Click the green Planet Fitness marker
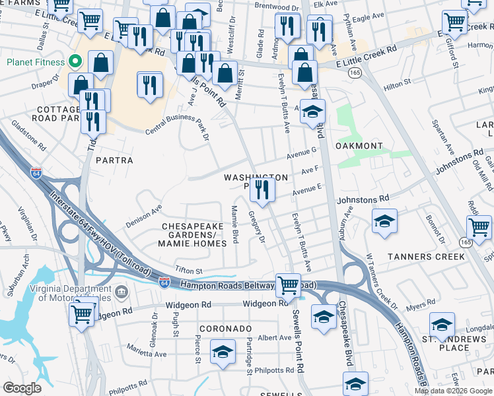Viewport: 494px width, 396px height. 75,63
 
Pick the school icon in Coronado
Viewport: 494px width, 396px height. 223,352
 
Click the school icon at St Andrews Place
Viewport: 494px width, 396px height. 442,325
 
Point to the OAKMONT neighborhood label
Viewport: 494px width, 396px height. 359,146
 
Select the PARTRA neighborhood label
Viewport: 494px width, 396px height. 114,160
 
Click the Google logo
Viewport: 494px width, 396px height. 22,387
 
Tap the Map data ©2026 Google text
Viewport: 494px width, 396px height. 452,391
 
